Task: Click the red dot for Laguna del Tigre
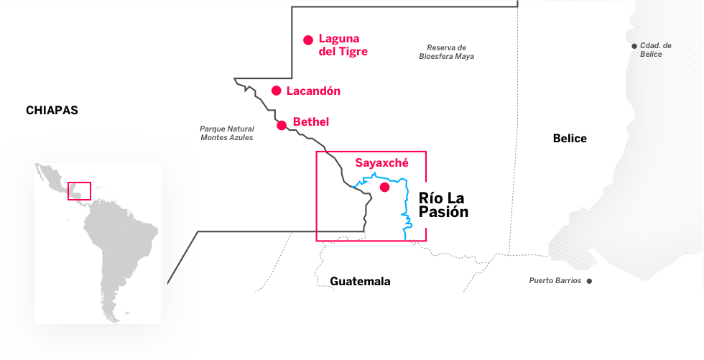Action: (x=308, y=40)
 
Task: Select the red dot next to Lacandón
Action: (x=276, y=91)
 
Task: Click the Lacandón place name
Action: (x=313, y=91)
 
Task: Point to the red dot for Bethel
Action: (x=282, y=125)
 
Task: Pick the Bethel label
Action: (x=311, y=122)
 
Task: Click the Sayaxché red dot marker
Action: (x=384, y=188)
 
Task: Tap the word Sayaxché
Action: (x=381, y=163)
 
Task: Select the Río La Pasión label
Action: (x=443, y=205)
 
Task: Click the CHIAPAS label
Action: (x=52, y=111)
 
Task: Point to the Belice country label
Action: (x=570, y=138)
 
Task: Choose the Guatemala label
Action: (x=360, y=281)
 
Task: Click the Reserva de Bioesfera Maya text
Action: (x=446, y=52)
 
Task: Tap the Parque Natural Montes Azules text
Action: (x=227, y=133)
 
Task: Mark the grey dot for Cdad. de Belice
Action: (x=634, y=47)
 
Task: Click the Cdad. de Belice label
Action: (x=656, y=50)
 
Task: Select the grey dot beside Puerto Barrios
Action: (x=589, y=281)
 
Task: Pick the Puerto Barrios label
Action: (x=555, y=281)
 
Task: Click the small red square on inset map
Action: (x=79, y=191)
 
